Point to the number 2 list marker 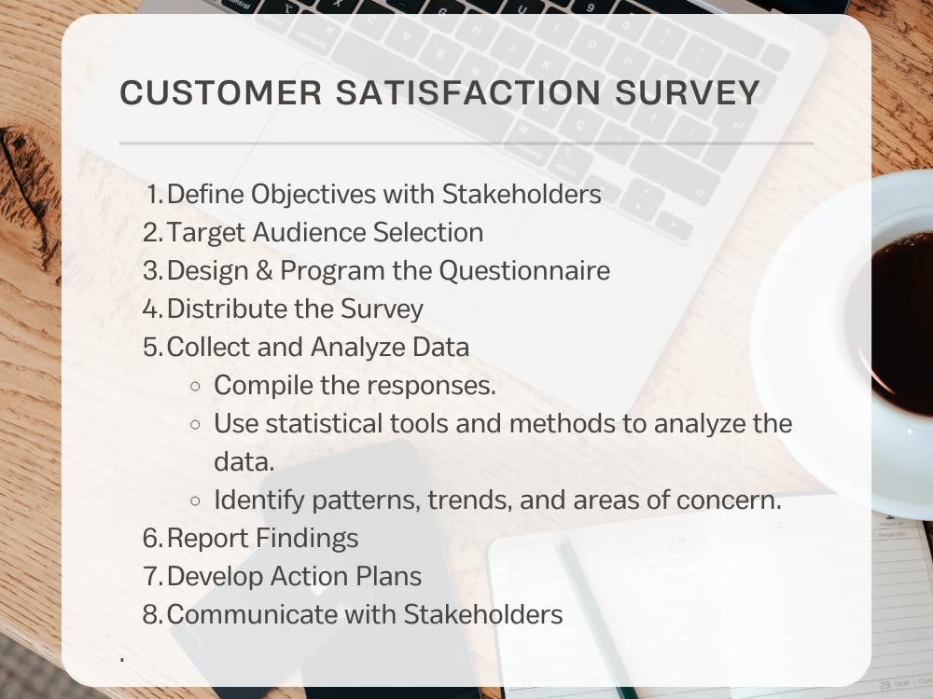[152, 232]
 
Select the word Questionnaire [524, 271]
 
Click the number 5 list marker [152, 347]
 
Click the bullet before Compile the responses [195, 386]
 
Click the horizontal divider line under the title [466, 144]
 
